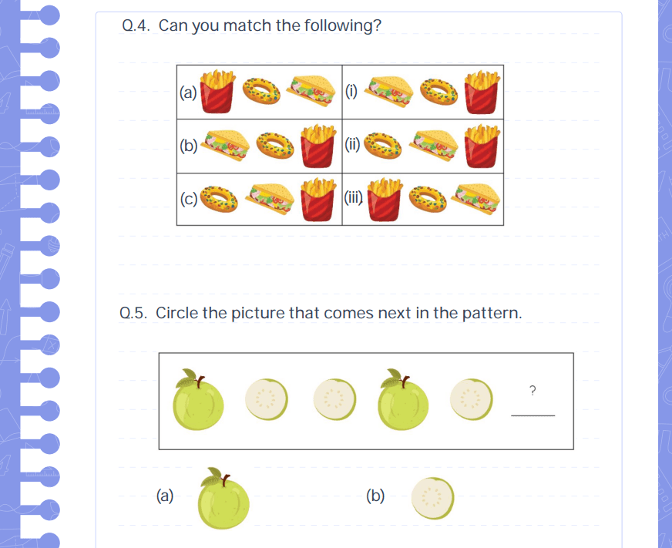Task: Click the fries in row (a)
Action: coord(217,91)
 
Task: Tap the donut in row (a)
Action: coord(261,91)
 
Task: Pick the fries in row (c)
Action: coord(318,200)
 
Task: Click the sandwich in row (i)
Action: coord(389,91)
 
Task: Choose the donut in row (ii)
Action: coord(383,146)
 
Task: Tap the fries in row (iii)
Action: coord(385,200)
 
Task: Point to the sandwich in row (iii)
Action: coord(475,199)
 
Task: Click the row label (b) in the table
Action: coord(189,146)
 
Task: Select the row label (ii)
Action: coord(353,145)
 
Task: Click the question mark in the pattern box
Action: coord(533,390)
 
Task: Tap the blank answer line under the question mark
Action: coord(533,415)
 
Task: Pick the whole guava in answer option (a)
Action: coord(223,499)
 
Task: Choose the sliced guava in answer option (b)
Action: coord(432,498)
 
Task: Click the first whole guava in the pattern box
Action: coord(198,400)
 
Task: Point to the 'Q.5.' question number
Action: coord(133,313)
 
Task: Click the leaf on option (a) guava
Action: coord(213,475)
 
